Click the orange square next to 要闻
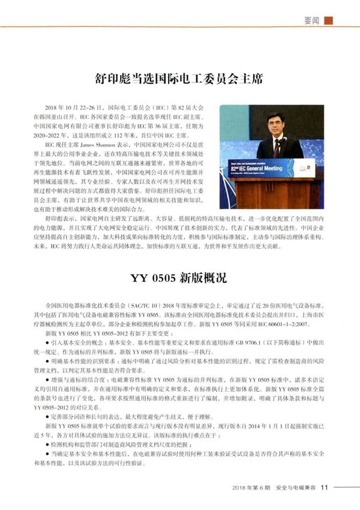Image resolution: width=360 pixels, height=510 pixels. coord(328,20)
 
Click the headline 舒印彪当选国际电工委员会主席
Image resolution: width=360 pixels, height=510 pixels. coord(179,78)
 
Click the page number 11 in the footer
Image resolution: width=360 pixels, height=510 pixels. coord(325,487)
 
